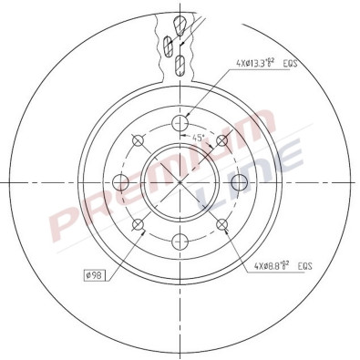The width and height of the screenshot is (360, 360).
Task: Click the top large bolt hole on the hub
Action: tap(180, 122)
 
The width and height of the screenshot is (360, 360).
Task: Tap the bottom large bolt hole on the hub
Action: tap(180, 242)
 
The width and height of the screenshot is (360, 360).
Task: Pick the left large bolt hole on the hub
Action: tap(120, 182)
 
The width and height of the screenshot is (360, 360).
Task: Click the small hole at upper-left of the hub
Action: tap(139, 139)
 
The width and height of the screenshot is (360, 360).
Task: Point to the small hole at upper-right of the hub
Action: tap(223, 139)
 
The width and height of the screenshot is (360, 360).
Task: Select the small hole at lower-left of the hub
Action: tap(139, 225)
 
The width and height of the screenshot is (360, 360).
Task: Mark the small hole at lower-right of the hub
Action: tap(223, 225)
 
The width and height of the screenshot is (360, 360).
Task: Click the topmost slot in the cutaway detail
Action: tap(181, 21)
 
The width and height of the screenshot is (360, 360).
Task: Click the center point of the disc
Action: tap(180, 182)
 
